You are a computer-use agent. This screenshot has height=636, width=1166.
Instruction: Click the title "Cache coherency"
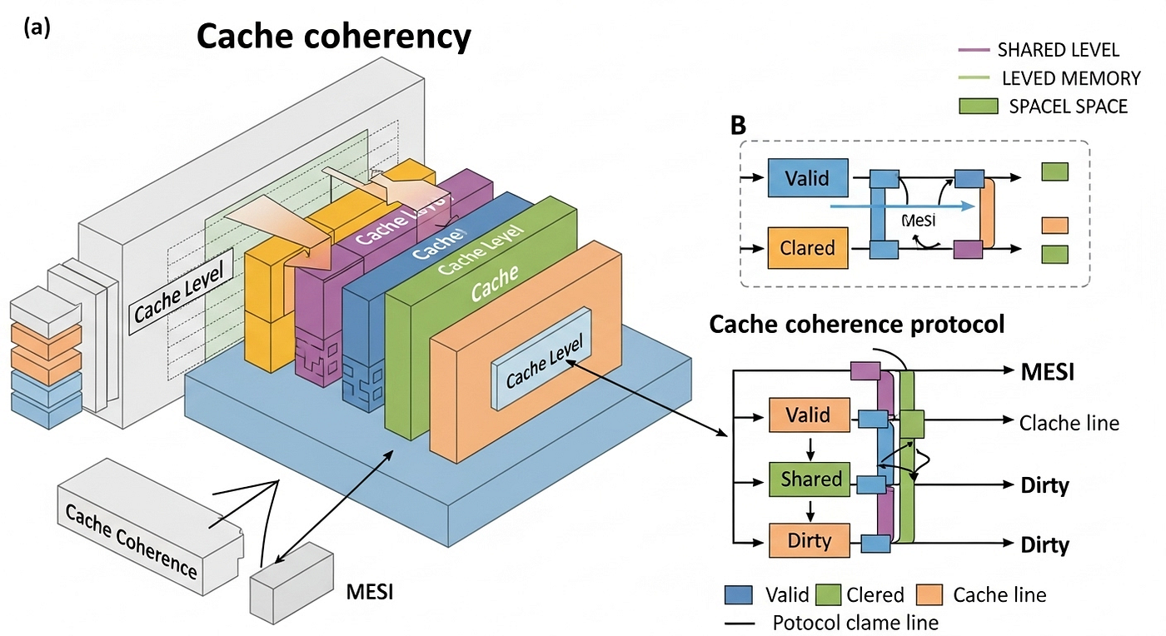pos(333,37)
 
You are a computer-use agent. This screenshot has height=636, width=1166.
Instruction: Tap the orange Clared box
pos(806,247)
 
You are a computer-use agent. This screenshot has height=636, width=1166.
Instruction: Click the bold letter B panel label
pos(738,126)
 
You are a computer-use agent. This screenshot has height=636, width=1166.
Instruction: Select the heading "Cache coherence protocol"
pos(857,325)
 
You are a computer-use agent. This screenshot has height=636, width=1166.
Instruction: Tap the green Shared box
pos(810,479)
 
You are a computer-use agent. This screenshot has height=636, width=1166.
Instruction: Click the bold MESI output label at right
pos(1047,371)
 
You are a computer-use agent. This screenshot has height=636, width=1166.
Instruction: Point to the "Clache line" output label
pos(1069,423)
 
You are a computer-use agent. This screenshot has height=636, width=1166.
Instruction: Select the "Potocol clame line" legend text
pos(855,622)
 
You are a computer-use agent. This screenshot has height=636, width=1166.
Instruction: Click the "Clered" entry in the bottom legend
pos(874,594)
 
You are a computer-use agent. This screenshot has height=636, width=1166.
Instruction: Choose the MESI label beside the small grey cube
pos(369,593)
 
